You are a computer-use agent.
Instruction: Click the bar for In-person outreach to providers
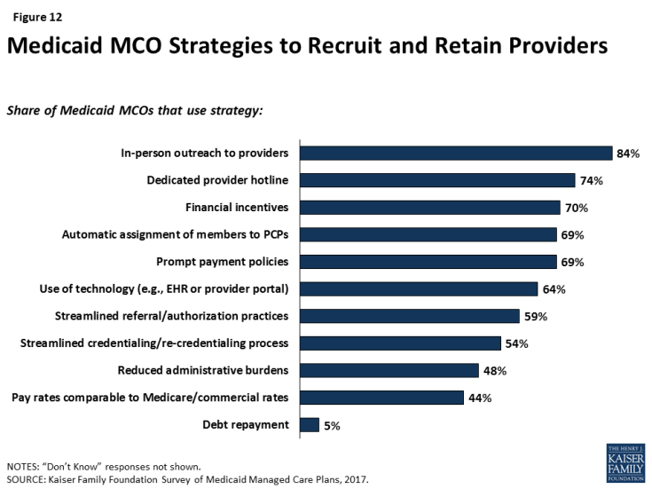(457, 154)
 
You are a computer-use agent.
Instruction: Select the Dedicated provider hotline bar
(438, 181)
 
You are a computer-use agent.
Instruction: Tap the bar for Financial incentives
(431, 208)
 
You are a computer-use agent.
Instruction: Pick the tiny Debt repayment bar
(310, 425)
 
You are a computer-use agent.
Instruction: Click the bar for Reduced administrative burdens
(390, 370)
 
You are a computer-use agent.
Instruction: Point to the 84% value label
(628, 154)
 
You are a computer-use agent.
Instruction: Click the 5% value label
(332, 425)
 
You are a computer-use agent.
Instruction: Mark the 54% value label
(517, 343)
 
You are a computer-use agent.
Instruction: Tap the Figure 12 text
(31, 15)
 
